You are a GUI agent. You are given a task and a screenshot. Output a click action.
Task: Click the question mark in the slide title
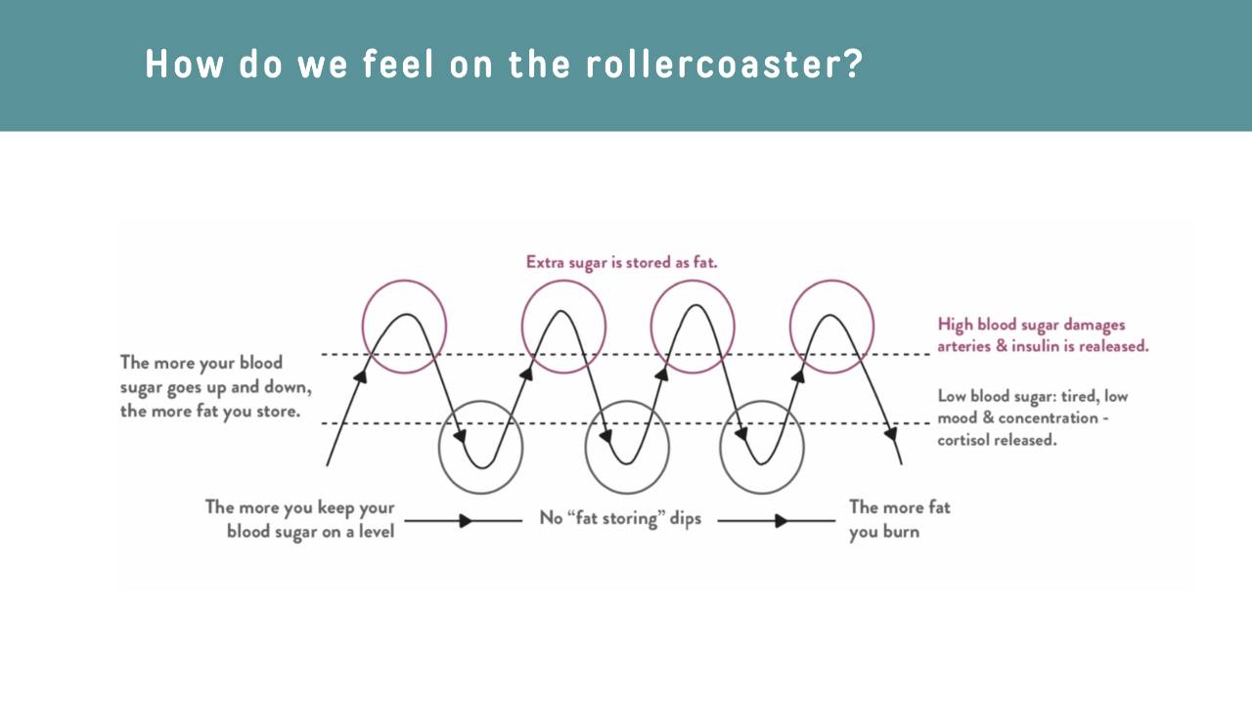coord(852,65)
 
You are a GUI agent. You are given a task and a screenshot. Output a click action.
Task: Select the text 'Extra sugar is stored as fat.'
coord(622,262)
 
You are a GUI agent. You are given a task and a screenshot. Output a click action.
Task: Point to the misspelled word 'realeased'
coord(1117,346)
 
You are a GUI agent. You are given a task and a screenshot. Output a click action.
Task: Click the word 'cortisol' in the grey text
coord(965,440)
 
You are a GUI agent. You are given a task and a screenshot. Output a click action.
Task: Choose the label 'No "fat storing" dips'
coord(620,518)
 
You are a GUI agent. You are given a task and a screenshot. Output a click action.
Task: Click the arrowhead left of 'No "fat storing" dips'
coord(467,521)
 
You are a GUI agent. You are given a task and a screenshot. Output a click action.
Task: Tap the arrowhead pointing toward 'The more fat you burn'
coord(781,521)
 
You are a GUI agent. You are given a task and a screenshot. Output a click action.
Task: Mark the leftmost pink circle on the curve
coord(404,327)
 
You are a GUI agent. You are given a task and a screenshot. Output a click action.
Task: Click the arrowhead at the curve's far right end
coord(891,431)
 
